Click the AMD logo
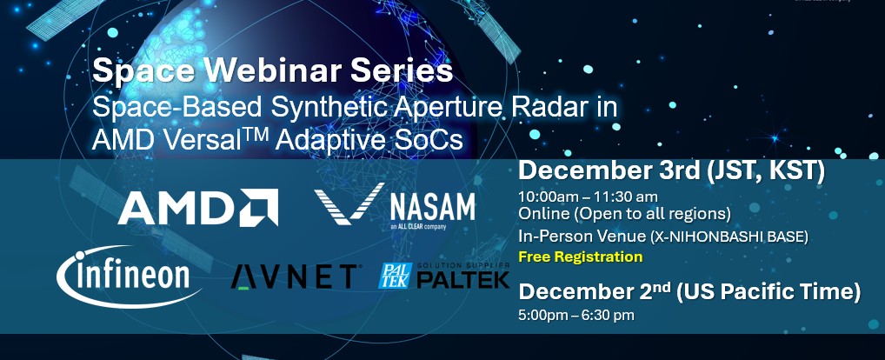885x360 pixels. coord(198,207)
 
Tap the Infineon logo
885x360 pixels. coord(129,277)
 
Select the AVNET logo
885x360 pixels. coord(294,277)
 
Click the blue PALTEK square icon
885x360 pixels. coord(395,276)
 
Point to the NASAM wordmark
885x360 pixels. coord(432,208)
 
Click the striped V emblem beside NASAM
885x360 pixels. coord(349,203)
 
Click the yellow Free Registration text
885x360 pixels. coord(580,257)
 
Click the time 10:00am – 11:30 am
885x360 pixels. coord(589,197)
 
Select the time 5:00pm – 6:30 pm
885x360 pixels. coord(576,315)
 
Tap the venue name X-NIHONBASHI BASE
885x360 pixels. coord(729,237)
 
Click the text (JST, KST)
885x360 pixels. coord(765,171)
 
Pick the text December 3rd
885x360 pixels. coord(609,171)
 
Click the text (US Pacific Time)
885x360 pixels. coord(769,292)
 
